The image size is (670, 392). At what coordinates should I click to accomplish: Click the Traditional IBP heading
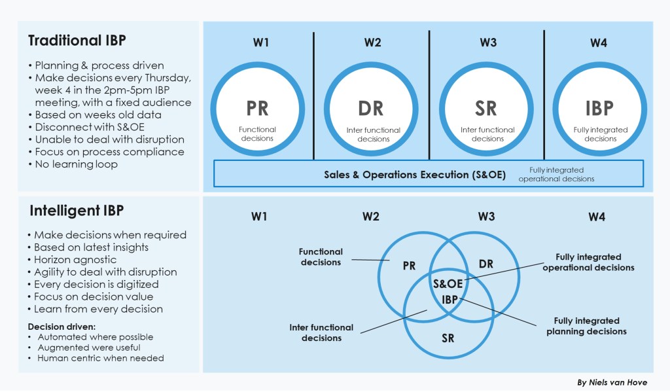[77, 41]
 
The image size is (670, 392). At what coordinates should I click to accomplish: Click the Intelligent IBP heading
[77, 211]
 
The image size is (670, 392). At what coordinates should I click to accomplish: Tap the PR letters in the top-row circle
[257, 108]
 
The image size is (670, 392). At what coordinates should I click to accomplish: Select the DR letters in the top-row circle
[371, 108]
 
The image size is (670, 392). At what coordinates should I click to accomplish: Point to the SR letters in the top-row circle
[486, 108]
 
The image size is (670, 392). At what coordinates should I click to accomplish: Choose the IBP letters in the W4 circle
[599, 108]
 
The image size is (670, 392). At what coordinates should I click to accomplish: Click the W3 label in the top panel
[488, 43]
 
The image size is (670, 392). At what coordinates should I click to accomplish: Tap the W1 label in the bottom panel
[259, 217]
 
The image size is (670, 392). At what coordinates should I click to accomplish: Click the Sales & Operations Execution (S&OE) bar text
[415, 175]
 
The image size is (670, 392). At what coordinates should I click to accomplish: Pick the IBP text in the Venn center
[449, 298]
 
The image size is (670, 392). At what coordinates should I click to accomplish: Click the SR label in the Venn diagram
[448, 338]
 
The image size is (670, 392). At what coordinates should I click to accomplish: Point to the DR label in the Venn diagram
[485, 264]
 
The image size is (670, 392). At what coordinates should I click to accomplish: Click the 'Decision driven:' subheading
[60, 327]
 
